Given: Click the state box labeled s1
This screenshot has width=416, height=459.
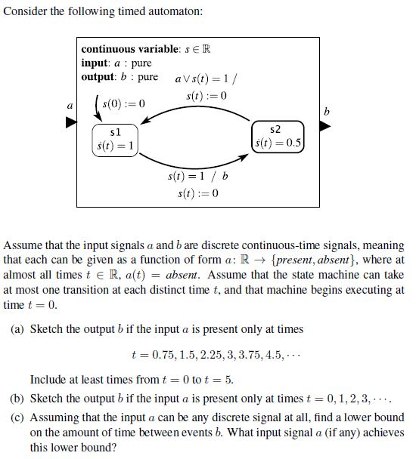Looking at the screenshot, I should tap(115, 139).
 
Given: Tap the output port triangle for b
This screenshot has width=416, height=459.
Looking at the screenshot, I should tap(325, 126).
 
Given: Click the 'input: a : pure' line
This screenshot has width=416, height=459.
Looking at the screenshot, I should tap(116, 63).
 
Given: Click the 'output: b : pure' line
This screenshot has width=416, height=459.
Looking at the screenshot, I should tap(120, 76).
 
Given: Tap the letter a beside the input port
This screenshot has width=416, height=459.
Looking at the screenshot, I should tap(70, 106).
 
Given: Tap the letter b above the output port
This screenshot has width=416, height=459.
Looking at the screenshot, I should tap(326, 111).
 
